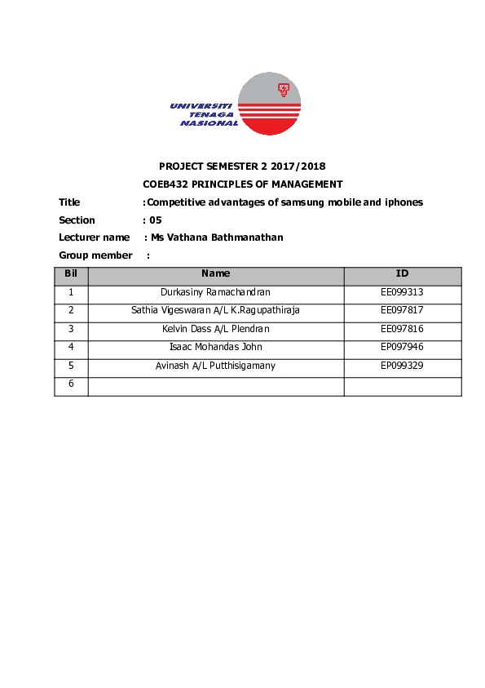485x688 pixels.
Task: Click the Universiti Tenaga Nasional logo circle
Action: (268, 104)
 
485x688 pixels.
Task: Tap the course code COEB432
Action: (165, 184)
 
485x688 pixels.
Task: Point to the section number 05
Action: (156, 220)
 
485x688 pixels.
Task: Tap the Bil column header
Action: (71, 274)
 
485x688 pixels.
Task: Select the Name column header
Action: (216, 274)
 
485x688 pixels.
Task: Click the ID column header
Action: (402, 274)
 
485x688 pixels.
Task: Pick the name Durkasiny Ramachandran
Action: (216, 292)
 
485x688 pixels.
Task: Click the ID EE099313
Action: (402, 292)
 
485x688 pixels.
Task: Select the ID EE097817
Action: (402, 310)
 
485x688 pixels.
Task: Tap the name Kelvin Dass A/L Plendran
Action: (216, 329)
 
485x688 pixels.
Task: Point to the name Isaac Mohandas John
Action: (216, 347)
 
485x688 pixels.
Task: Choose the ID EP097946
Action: (402, 347)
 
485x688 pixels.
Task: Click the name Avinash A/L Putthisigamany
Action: (216, 366)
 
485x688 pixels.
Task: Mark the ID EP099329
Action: (402, 366)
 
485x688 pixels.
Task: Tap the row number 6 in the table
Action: (71, 384)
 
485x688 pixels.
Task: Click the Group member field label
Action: (95, 255)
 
